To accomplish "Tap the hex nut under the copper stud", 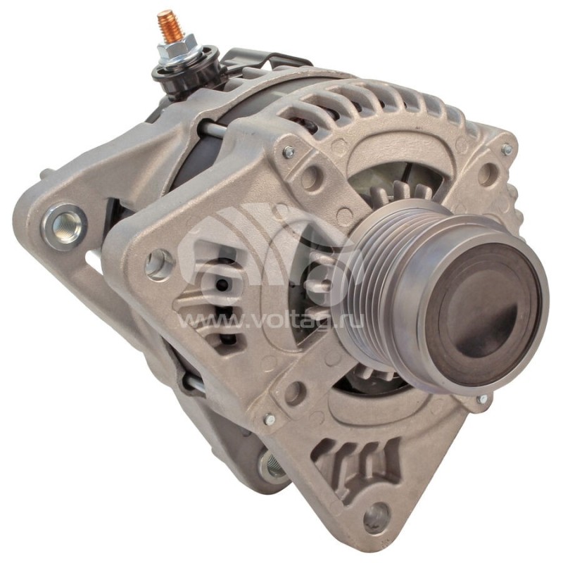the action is point(177,49).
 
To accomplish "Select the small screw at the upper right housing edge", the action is point(507,149).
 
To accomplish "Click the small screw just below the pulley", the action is point(483,398).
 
